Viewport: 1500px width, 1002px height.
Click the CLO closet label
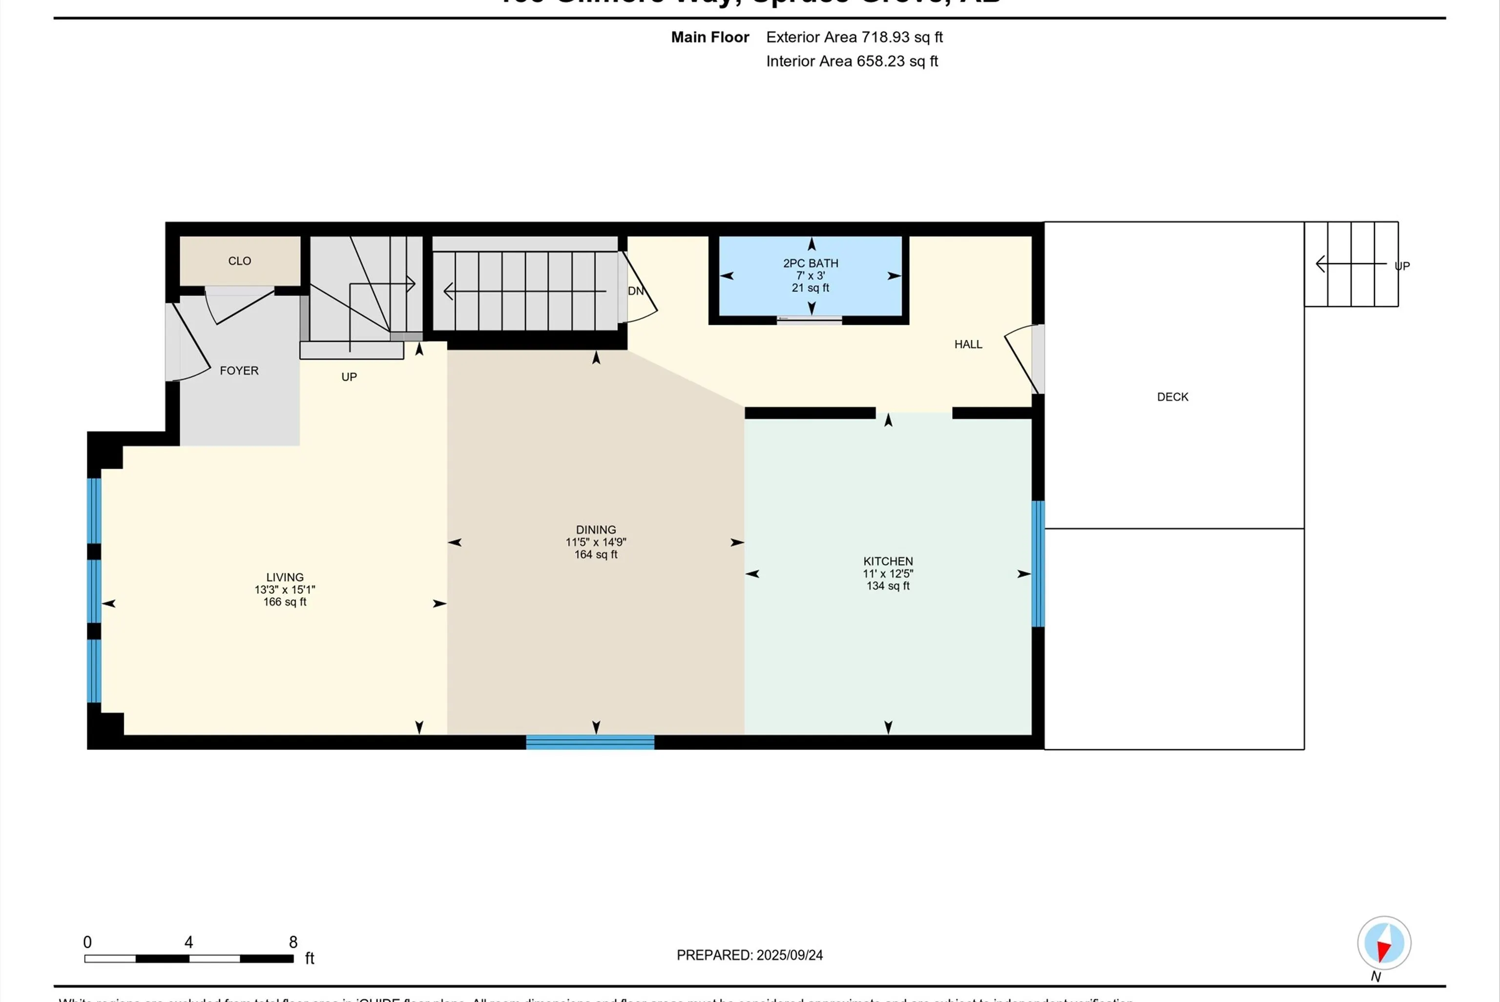pyautogui.click(x=240, y=261)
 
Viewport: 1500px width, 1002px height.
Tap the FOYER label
pyautogui.click(x=239, y=371)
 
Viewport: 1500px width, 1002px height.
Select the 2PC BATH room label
pyautogui.click(x=810, y=263)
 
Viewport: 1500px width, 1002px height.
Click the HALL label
pyautogui.click(x=968, y=344)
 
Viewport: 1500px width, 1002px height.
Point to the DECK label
pyautogui.click(x=1172, y=397)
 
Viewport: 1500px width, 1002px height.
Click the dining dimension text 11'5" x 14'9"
pyautogui.click(x=595, y=542)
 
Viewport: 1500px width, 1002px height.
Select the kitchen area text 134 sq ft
pyautogui.click(x=887, y=586)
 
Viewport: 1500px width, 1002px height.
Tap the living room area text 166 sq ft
pyautogui.click(x=285, y=602)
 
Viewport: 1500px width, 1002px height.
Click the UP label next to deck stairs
pyautogui.click(x=1402, y=266)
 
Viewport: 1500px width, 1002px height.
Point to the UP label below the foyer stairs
pyautogui.click(x=349, y=377)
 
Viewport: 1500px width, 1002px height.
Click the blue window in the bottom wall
pyautogui.click(x=590, y=742)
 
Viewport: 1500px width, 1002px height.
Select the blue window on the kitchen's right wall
pyautogui.click(x=1038, y=564)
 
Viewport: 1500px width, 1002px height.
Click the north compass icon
pyautogui.click(x=1384, y=943)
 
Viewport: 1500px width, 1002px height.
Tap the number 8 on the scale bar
pyautogui.click(x=293, y=942)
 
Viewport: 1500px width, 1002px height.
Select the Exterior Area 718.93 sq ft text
pyautogui.click(x=854, y=37)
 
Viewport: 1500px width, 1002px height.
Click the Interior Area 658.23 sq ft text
pyautogui.click(x=852, y=62)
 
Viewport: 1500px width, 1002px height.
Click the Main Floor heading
pyautogui.click(x=710, y=37)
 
